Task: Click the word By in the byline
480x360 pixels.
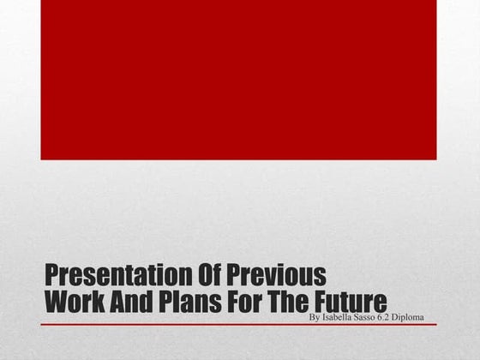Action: click(313, 317)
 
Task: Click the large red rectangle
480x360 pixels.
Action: click(238, 79)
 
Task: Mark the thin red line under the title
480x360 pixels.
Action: click(238, 325)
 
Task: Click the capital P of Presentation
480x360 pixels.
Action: click(50, 276)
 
